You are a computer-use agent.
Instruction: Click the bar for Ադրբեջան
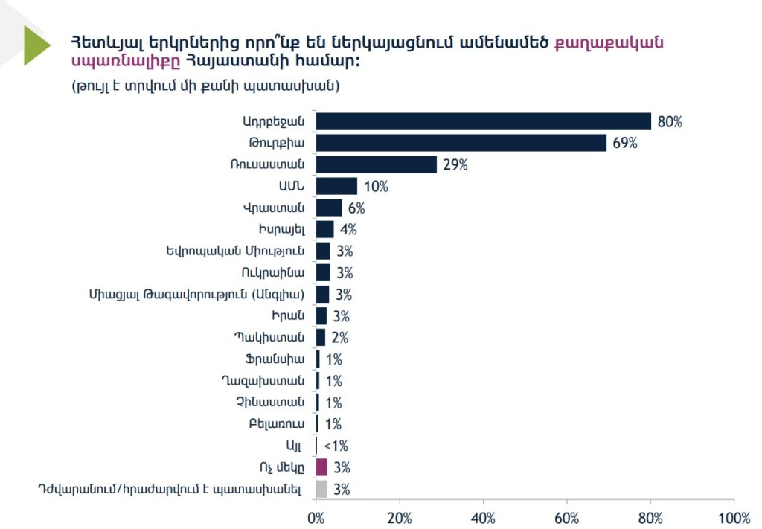tap(484, 121)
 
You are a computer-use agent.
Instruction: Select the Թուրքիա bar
tap(461, 143)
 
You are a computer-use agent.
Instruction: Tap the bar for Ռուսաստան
tap(377, 164)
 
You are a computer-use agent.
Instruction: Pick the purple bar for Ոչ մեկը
tap(321, 467)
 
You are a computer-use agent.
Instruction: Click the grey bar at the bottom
tap(321, 489)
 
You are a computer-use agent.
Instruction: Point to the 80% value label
tap(669, 122)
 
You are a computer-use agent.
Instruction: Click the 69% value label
tap(625, 144)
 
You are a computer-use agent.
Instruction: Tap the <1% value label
tap(336, 446)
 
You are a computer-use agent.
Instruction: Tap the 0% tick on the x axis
tap(316, 517)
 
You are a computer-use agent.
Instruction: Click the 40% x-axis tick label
tap(484, 517)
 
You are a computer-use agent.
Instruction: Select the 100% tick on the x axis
tap(734, 517)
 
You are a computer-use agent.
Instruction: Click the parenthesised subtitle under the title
tap(205, 86)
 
